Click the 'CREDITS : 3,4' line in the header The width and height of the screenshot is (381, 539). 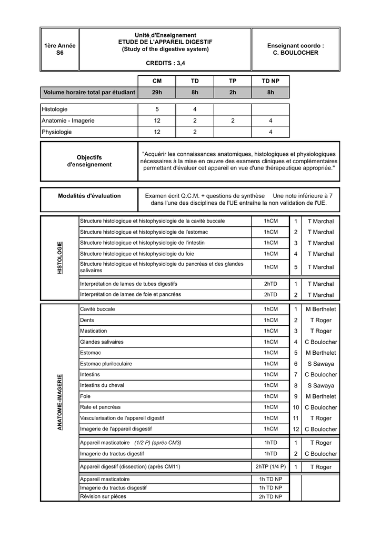[165, 63]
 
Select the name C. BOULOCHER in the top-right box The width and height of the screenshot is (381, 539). [295, 53]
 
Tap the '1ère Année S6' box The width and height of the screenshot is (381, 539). [59, 49]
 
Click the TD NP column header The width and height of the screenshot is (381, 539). [270, 80]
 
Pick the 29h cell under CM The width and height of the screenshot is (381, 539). [157, 93]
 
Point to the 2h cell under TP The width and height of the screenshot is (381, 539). [233, 93]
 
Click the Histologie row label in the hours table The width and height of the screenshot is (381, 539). [55, 109]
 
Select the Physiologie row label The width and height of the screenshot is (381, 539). [56, 132]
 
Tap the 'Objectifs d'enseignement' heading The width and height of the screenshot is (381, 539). [89, 161]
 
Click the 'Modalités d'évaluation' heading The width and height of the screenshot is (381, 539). [89, 196]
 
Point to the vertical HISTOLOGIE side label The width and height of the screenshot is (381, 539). [59, 257]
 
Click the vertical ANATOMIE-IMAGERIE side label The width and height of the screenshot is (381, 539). [59, 402]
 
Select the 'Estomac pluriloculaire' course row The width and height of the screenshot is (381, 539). [106, 364]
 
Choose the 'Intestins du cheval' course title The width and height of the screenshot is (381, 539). [102, 385]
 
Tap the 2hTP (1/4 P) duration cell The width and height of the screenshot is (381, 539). [270, 467]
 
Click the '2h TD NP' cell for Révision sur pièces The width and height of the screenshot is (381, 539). [270, 496]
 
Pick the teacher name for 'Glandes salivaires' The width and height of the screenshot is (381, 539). [320, 342]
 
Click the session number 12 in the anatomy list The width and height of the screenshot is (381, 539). [296, 430]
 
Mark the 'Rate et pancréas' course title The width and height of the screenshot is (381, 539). [100, 407]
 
